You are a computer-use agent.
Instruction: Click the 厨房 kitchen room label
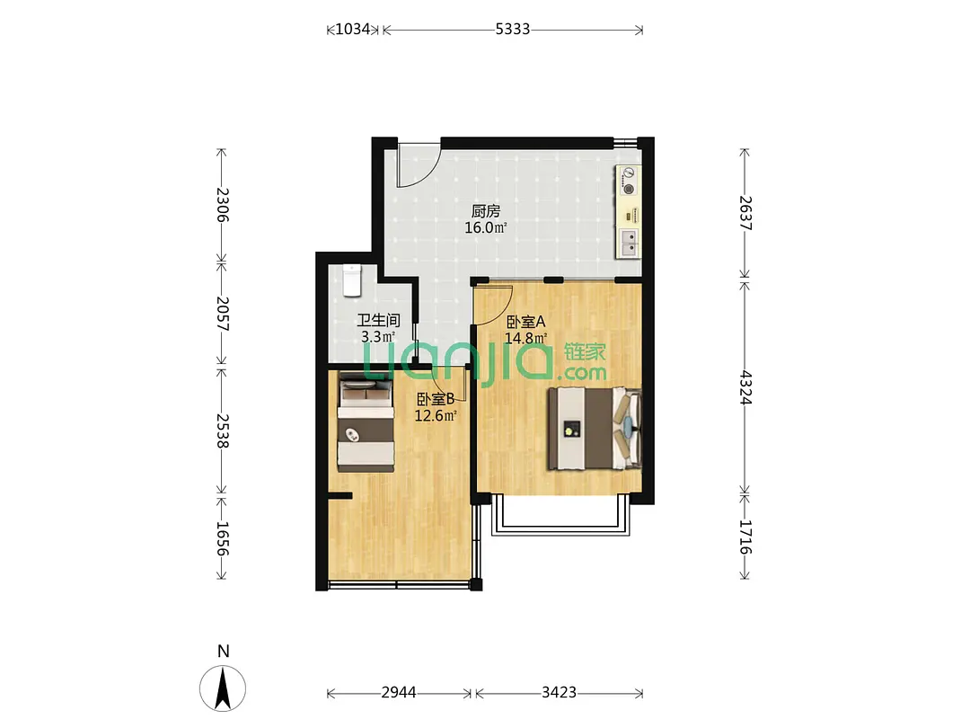click(x=486, y=212)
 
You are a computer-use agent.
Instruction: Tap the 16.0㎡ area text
click(x=486, y=227)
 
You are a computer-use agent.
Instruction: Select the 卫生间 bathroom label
click(x=378, y=320)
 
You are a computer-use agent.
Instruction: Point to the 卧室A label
click(x=525, y=322)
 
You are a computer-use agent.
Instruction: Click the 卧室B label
click(x=436, y=399)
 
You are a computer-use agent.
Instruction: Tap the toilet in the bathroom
click(x=352, y=280)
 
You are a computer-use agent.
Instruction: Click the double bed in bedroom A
click(x=595, y=428)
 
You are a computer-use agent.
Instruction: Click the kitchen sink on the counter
click(x=629, y=243)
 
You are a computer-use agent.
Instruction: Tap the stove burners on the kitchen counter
click(x=628, y=181)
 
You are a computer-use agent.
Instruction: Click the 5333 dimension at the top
click(x=512, y=29)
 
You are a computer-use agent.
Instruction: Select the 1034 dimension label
click(x=352, y=29)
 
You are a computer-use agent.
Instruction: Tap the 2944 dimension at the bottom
click(x=399, y=692)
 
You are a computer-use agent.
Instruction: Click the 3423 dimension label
click(x=559, y=692)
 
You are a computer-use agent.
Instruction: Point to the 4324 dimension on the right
click(x=745, y=387)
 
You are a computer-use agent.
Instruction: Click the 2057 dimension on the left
click(x=223, y=314)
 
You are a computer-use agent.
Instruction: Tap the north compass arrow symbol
click(x=223, y=688)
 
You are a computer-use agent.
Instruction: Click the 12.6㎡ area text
click(x=436, y=415)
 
